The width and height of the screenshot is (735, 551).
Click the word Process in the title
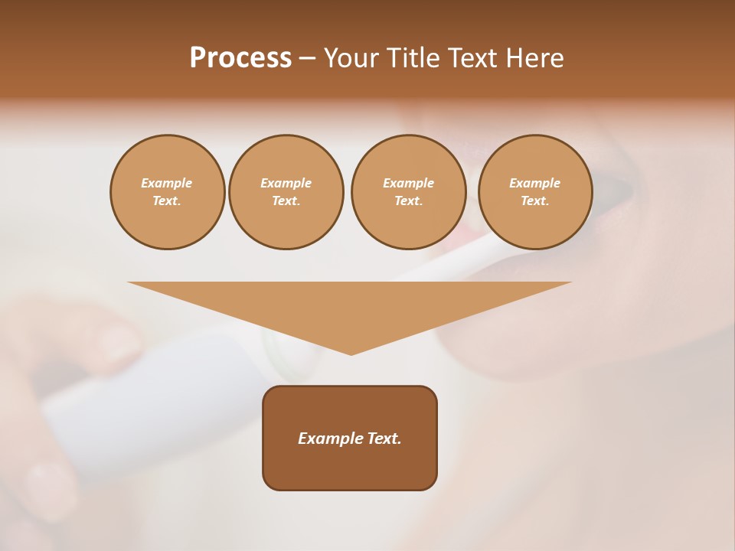pos(240,58)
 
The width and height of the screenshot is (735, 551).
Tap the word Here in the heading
pos(534,58)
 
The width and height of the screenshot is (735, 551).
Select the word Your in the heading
pos(351,58)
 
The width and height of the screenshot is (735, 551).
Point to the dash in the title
pos(308,59)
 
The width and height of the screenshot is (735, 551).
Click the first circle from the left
pos(168,192)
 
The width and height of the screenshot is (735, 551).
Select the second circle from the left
pos(286,192)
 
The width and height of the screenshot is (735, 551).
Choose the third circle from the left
pos(409,192)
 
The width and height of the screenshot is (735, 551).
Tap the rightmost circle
pos(535,192)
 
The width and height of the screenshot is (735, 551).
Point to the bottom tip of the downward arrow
pos(351,354)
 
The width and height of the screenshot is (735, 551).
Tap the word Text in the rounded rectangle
pos(384,439)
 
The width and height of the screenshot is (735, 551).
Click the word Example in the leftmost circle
pos(167,184)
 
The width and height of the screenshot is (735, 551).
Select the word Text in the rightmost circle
pos(534,201)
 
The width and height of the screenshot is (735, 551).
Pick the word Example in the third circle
pos(409,184)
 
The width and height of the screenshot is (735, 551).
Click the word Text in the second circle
pos(286,201)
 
